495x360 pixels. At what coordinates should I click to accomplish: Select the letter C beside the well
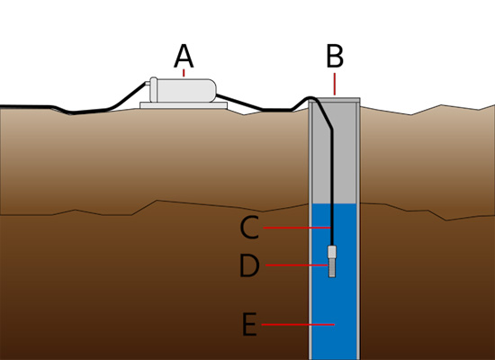click(250, 229)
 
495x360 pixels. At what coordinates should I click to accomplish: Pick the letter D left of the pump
click(250, 266)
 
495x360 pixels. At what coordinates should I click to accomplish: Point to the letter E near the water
click(249, 323)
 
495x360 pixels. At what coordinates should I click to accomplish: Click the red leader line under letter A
click(184, 76)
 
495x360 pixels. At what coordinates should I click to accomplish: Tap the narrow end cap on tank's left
click(153, 89)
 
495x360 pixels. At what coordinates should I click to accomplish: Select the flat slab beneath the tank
click(184, 106)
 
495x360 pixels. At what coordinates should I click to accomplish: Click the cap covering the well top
click(335, 100)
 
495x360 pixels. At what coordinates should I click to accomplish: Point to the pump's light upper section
click(333, 253)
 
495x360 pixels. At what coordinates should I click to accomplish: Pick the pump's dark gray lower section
click(333, 269)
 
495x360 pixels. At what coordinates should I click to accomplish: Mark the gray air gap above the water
click(346, 162)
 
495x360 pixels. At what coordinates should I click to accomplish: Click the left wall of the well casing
click(310, 225)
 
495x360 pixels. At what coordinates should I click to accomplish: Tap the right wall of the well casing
click(358, 225)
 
